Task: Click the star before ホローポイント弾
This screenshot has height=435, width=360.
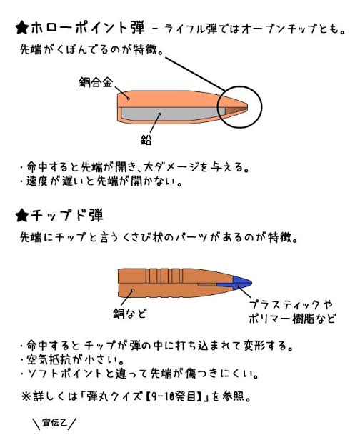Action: click(x=22, y=28)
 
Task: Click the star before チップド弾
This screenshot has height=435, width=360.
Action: click(x=22, y=216)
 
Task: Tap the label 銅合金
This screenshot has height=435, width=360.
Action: click(x=96, y=82)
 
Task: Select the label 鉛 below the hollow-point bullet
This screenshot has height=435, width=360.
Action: click(x=146, y=139)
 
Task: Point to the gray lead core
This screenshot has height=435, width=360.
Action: click(x=173, y=114)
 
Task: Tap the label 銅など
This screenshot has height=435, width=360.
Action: click(x=130, y=314)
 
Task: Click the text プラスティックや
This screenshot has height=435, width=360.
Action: click(x=291, y=305)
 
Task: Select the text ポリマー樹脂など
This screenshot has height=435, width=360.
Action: click(x=292, y=319)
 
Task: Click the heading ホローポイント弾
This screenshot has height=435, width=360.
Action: click(x=88, y=28)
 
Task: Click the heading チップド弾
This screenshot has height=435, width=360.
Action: click(x=67, y=216)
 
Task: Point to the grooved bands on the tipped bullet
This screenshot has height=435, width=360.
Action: click(x=164, y=276)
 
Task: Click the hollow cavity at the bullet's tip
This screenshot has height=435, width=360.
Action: click(x=236, y=110)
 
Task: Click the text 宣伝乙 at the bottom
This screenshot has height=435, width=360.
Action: click(x=54, y=423)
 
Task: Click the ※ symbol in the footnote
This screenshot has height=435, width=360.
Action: click(x=26, y=396)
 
